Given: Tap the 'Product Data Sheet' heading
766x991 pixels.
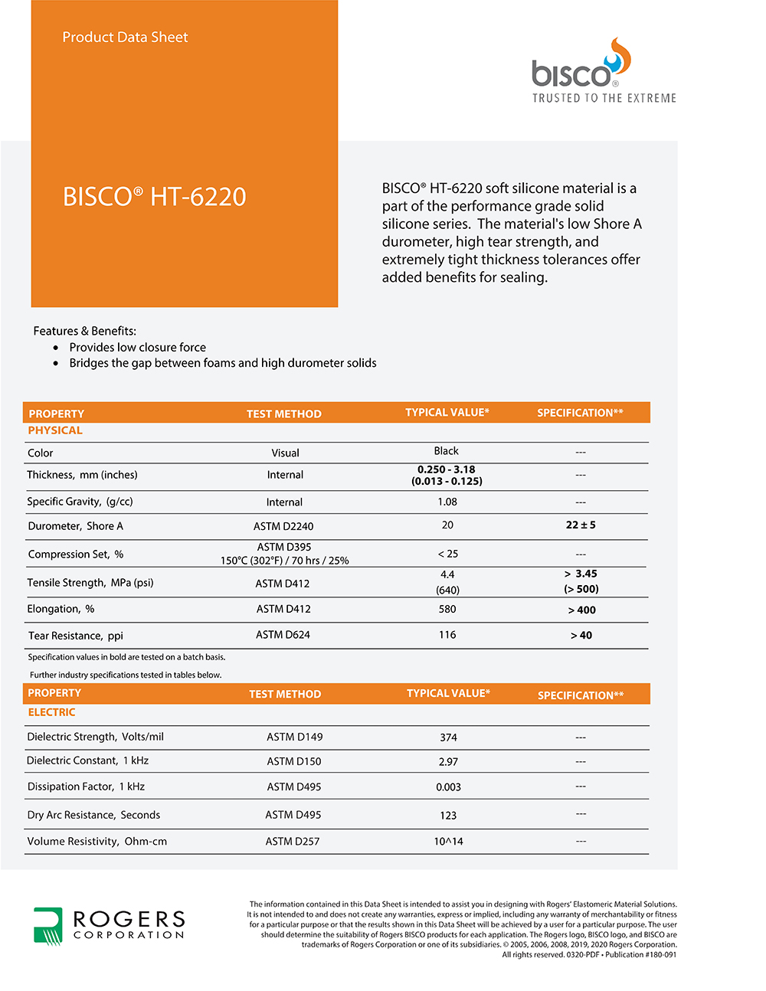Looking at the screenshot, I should [125, 38].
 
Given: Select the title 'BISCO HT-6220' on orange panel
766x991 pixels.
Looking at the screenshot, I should [154, 197].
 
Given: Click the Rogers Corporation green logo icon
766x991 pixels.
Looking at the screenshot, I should [47, 925].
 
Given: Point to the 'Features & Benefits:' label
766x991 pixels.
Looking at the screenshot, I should [84, 331].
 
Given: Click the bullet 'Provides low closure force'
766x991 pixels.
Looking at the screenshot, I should [137, 347].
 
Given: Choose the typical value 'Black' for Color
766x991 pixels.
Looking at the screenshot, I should [446, 451].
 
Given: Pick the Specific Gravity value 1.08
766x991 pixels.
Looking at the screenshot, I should [447, 502].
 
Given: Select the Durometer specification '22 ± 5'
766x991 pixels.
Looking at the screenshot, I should [581, 525].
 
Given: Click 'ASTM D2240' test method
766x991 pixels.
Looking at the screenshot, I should [283, 526].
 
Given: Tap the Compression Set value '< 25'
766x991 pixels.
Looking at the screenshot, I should [447, 554].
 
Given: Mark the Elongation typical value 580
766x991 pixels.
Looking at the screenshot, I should [447, 610].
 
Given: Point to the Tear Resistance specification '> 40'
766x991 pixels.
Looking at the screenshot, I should [581, 636].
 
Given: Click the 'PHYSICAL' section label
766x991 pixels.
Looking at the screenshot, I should [55, 430].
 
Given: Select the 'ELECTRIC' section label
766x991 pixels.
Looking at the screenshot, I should [51, 712].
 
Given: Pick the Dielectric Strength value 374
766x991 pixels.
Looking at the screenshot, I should [448, 738].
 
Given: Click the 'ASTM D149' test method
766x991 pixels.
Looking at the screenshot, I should [294, 737].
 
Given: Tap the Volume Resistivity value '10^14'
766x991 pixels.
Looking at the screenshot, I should [448, 842].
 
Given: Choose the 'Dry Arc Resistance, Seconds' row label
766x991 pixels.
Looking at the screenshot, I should [93, 815].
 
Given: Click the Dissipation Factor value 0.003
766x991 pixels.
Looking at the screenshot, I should [448, 787].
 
